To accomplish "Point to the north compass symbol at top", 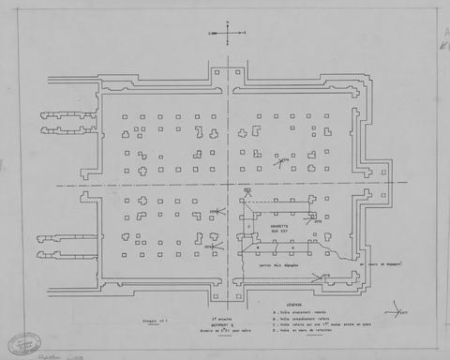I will click(226, 34).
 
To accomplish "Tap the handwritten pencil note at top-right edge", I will click(442, 37).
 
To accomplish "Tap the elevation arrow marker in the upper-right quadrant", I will click(281, 160).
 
